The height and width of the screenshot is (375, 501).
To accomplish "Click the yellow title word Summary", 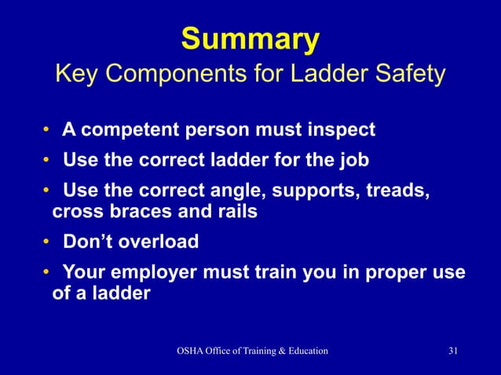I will click(x=251, y=38).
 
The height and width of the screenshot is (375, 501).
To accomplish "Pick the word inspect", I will click(x=339, y=128).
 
